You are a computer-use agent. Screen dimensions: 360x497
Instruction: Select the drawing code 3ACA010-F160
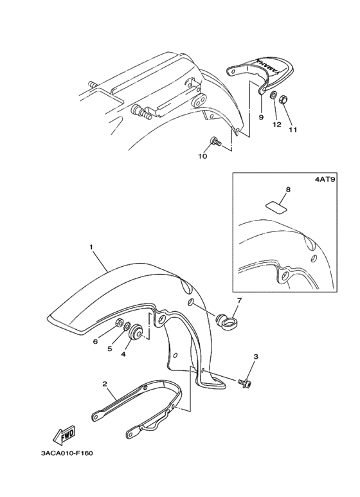(67, 453)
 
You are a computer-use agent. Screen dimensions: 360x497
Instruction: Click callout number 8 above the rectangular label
(288, 189)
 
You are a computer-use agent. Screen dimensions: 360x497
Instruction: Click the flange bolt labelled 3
(244, 384)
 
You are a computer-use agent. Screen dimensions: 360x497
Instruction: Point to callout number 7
(239, 300)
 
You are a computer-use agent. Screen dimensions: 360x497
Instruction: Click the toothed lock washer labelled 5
(127, 326)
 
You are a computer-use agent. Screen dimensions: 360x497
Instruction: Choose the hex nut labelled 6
(120, 322)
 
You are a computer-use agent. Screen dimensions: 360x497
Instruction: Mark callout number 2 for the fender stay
(105, 384)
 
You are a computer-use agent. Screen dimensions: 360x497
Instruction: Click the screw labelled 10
(215, 141)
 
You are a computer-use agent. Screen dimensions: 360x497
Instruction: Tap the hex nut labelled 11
(283, 100)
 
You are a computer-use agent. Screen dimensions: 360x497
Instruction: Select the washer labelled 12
(273, 95)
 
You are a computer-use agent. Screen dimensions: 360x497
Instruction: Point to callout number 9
(261, 117)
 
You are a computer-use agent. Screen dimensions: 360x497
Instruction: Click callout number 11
(292, 130)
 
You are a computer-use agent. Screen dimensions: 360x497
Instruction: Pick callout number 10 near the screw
(203, 156)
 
